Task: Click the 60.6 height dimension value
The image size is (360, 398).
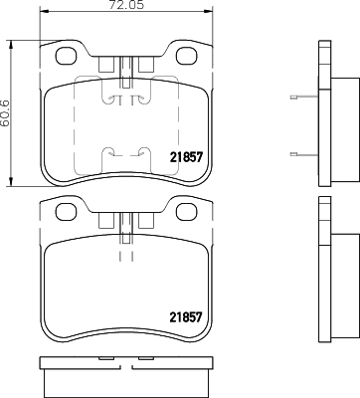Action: point(5,113)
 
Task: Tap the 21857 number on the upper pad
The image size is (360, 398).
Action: point(186,157)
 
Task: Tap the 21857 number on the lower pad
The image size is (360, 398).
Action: point(186,317)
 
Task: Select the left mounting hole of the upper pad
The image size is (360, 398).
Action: point(66,56)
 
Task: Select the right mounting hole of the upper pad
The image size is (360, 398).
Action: point(187,56)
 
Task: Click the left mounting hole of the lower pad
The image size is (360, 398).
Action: point(66,212)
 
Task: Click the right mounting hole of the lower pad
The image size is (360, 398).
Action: point(187,212)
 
